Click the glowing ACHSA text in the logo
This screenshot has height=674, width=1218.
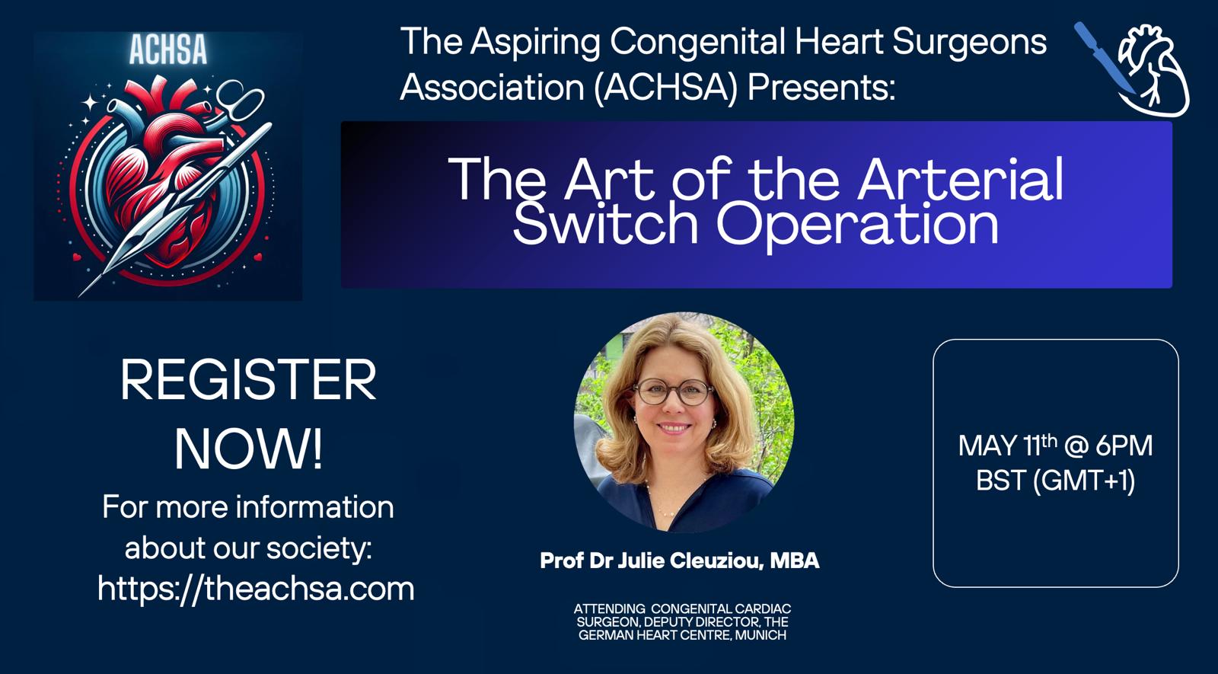tap(168, 50)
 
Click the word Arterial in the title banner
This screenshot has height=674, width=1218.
tap(960, 180)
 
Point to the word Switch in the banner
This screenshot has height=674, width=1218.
tap(605, 224)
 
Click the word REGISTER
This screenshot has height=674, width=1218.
tap(248, 380)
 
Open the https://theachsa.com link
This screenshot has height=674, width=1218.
tap(256, 589)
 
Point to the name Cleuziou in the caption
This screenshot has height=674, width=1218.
tap(715, 561)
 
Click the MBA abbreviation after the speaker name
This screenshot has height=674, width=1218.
tap(795, 561)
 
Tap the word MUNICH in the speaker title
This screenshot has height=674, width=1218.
tap(760, 635)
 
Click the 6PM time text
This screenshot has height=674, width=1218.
tap(1124, 446)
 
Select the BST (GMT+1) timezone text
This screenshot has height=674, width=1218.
tap(1055, 481)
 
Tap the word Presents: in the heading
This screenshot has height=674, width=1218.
tap(821, 87)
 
